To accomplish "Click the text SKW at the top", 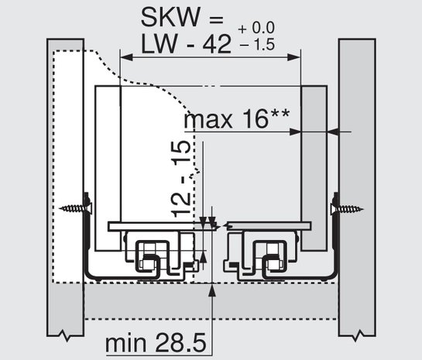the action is pyautogui.click(x=170, y=17).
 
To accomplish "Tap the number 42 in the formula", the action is pyautogui.click(x=217, y=44).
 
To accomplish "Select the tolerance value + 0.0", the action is pyautogui.click(x=256, y=28).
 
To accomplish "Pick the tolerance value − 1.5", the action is pyautogui.click(x=257, y=44).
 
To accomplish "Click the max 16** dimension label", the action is pyautogui.click(x=237, y=119).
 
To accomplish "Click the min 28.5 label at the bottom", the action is pyautogui.click(x=156, y=343).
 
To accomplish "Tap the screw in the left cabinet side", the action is pyautogui.click(x=75, y=208).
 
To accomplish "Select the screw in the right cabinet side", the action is pyautogui.click(x=347, y=208).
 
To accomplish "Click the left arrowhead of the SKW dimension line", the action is pyautogui.click(x=126, y=57).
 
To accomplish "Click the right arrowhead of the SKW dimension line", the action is pyautogui.click(x=294, y=57).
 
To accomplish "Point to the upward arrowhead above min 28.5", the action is pyautogui.click(x=212, y=290).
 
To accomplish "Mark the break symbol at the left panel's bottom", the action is pyautogui.click(x=66, y=335).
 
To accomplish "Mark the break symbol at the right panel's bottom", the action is pyautogui.click(x=357, y=335).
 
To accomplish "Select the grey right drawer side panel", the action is pyautogui.click(x=314, y=168).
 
